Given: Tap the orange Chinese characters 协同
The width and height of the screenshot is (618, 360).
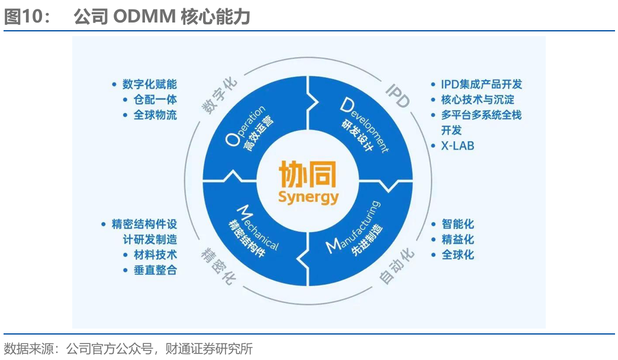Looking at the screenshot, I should tap(308, 175).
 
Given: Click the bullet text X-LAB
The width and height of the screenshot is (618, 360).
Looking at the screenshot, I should tap(457, 146).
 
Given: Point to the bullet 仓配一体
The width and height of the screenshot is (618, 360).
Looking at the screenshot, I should tap(155, 99).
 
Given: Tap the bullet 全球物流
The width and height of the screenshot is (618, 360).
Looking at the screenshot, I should tap(155, 115).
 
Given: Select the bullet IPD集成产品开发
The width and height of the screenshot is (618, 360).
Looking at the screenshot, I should tap(481, 84).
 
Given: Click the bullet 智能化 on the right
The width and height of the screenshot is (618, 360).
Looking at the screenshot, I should tap(458, 224).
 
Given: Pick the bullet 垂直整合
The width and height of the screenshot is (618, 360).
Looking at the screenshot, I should tap(155, 270).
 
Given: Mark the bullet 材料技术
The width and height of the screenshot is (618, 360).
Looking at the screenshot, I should tap(155, 255).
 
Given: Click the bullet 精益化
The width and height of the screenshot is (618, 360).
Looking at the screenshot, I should tap(458, 240).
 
